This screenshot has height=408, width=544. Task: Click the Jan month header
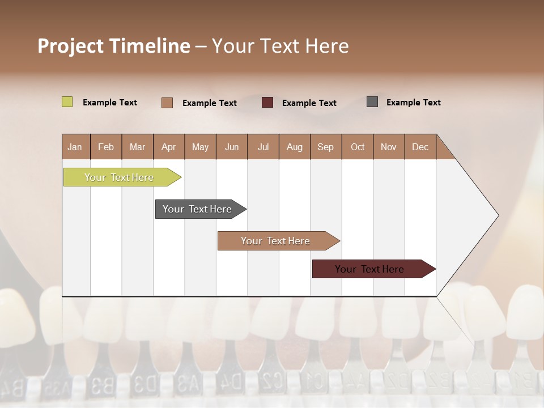click(75, 147)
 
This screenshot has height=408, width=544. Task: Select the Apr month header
click(168, 147)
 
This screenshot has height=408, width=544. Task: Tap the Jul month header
click(263, 147)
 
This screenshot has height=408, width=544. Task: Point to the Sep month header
click(325, 147)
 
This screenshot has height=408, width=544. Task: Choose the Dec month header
click(420, 147)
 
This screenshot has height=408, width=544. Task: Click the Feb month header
click(106, 147)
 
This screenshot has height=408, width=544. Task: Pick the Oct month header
click(358, 147)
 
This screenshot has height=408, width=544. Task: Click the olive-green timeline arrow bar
click(120, 177)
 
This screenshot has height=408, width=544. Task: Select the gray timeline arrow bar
click(198, 209)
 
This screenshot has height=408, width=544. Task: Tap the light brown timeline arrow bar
click(276, 241)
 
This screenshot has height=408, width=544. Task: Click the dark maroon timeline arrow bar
click(370, 269)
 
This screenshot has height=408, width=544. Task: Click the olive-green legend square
click(67, 102)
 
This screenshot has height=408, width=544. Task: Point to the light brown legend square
click(167, 103)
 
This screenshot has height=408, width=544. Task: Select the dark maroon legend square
click(267, 103)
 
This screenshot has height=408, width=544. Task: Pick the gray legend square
click(372, 102)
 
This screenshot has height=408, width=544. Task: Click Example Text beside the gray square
click(413, 103)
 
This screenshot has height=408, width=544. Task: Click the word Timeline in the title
click(149, 46)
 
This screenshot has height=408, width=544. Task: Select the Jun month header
click(232, 147)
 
